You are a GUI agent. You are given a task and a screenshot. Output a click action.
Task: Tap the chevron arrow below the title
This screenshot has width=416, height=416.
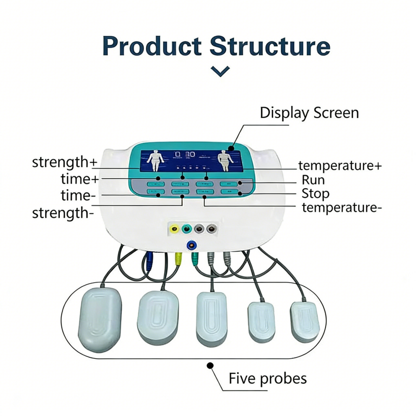[x=221, y=71]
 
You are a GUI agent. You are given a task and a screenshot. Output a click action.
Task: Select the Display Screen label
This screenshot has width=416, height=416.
[x=309, y=112]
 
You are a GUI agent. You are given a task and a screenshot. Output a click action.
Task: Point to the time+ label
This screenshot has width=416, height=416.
[x=79, y=179]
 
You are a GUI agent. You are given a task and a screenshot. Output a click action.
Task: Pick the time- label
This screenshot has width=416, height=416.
[x=79, y=196]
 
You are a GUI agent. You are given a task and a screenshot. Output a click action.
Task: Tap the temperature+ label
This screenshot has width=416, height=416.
[x=340, y=166]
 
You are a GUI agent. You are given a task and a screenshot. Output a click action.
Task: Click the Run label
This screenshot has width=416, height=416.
[x=314, y=180]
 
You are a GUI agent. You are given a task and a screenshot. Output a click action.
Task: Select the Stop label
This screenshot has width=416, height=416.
[x=316, y=194]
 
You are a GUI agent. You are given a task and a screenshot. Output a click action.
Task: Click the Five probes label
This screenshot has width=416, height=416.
[x=268, y=378]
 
